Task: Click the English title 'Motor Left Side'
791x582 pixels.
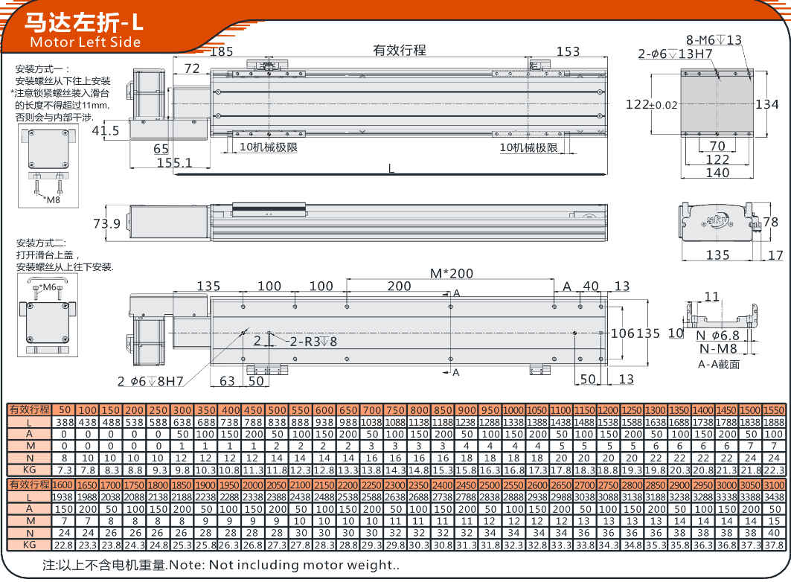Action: click(86, 42)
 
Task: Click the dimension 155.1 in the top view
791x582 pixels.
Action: click(175, 162)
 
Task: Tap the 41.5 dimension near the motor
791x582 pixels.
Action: click(106, 131)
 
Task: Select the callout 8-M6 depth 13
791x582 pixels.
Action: click(714, 40)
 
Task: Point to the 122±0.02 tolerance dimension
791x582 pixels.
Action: click(652, 104)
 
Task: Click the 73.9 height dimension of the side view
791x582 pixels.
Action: click(106, 223)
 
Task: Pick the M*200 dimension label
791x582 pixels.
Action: click(452, 273)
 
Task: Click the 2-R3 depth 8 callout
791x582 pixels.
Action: click(313, 342)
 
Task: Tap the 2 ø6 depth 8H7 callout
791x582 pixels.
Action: click(150, 381)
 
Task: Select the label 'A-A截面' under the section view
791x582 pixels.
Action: click(719, 364)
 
